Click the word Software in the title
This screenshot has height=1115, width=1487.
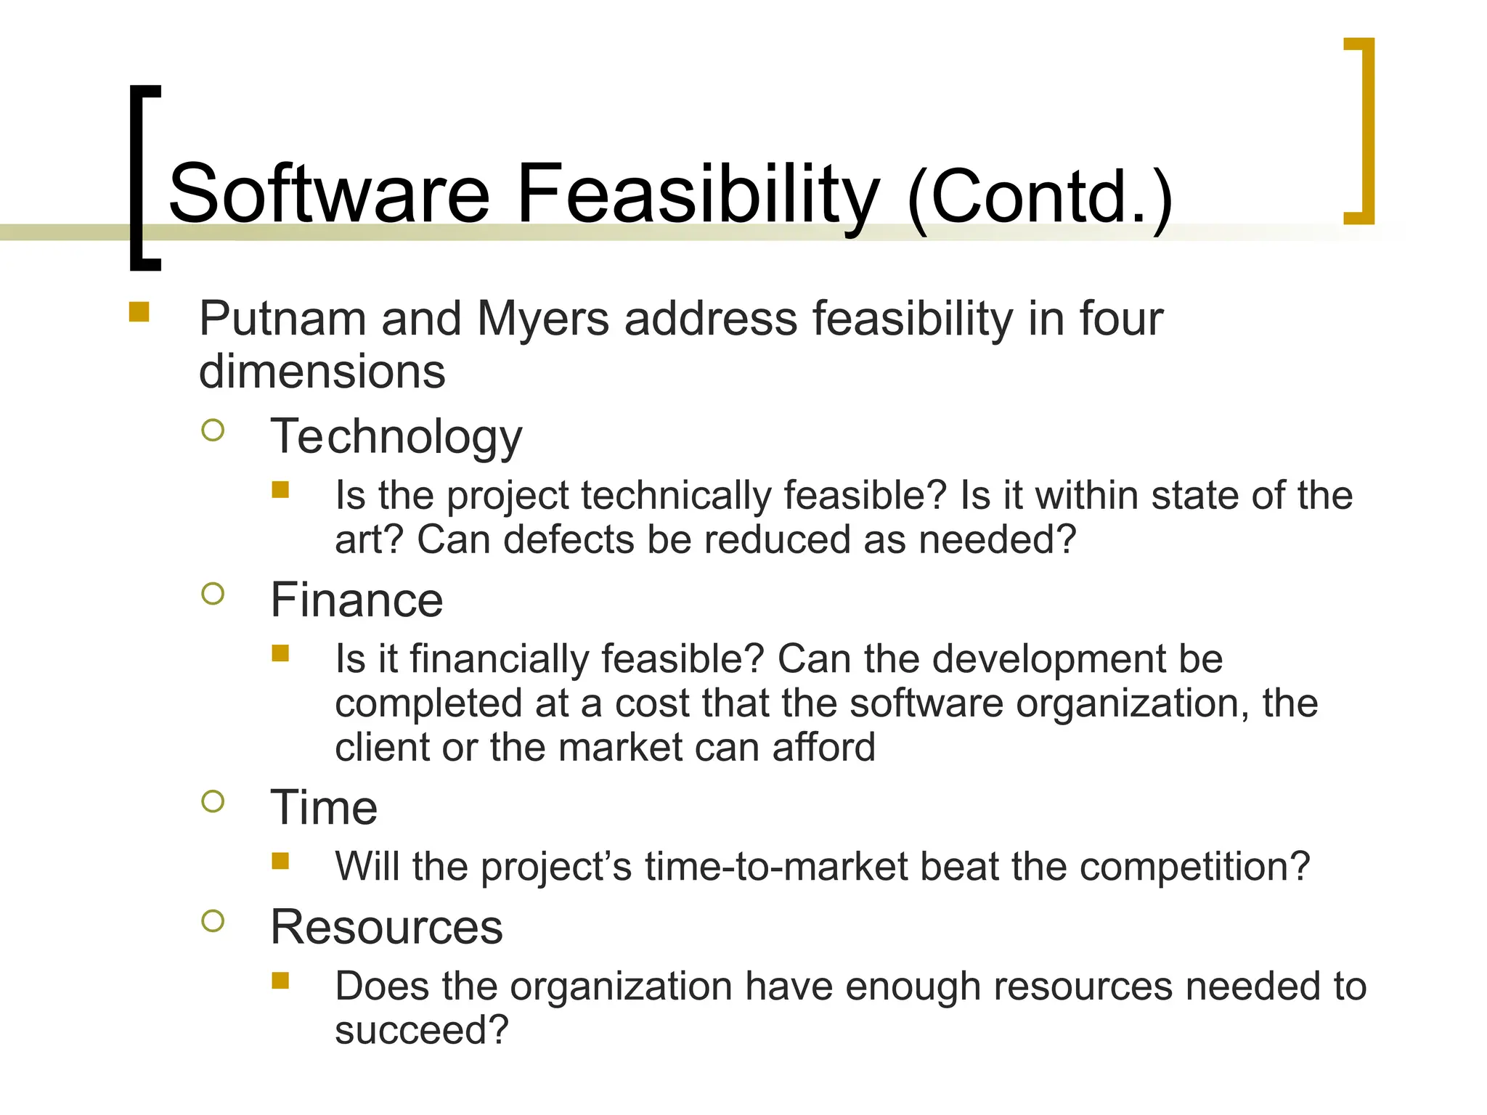click(x=329, y=194)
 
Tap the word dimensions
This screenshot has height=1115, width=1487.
click(x=322, y=371)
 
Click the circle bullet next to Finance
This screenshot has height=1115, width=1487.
click(x=213, y=594)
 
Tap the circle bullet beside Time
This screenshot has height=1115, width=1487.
click(x=213, y=801)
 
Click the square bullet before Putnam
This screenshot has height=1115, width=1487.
click(x=139, y=312)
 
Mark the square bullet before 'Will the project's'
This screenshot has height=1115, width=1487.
click(x=280, y=861)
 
